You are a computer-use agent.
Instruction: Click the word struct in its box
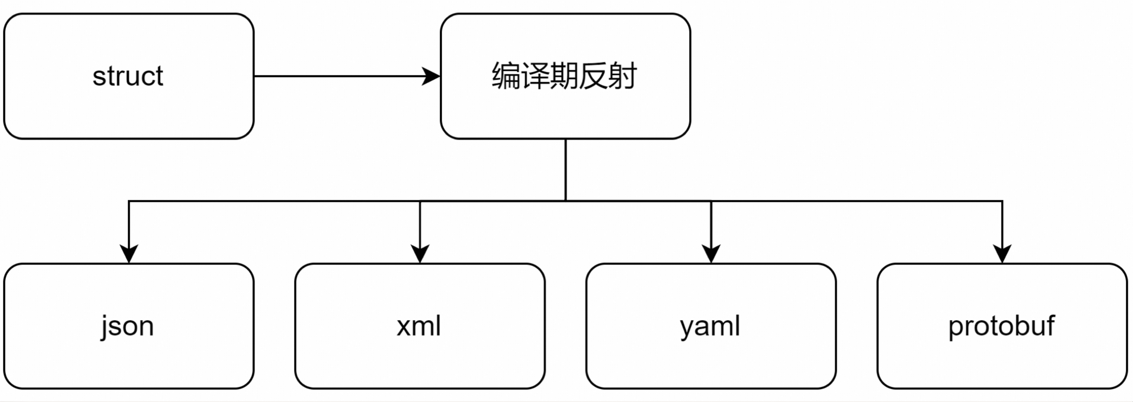click(128, 76)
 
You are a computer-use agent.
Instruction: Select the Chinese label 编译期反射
click(564, 76)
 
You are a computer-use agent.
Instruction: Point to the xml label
click(419, 326)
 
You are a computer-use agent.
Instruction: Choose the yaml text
click(710, 326)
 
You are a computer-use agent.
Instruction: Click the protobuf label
click(1001, 326)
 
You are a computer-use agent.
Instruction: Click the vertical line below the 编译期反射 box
click(566, 170)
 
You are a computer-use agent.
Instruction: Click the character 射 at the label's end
click(622, 76)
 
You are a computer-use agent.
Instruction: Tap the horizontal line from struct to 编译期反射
click(339, 76)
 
